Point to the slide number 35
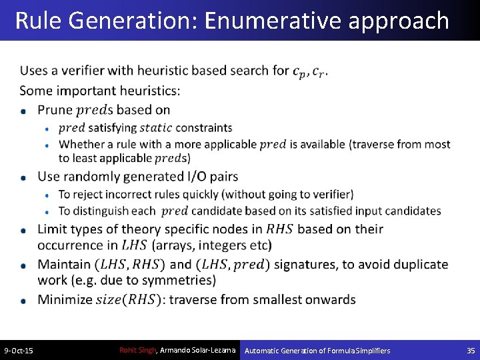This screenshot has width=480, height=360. [471, 351]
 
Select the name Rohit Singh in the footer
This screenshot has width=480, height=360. [137, 350]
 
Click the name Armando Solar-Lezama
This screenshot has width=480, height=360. [198, 350]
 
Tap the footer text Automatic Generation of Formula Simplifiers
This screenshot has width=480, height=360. [317, 351]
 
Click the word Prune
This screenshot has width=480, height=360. [55, 109]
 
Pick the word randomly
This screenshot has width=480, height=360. [92, 177]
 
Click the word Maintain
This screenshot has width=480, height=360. [64, 265]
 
